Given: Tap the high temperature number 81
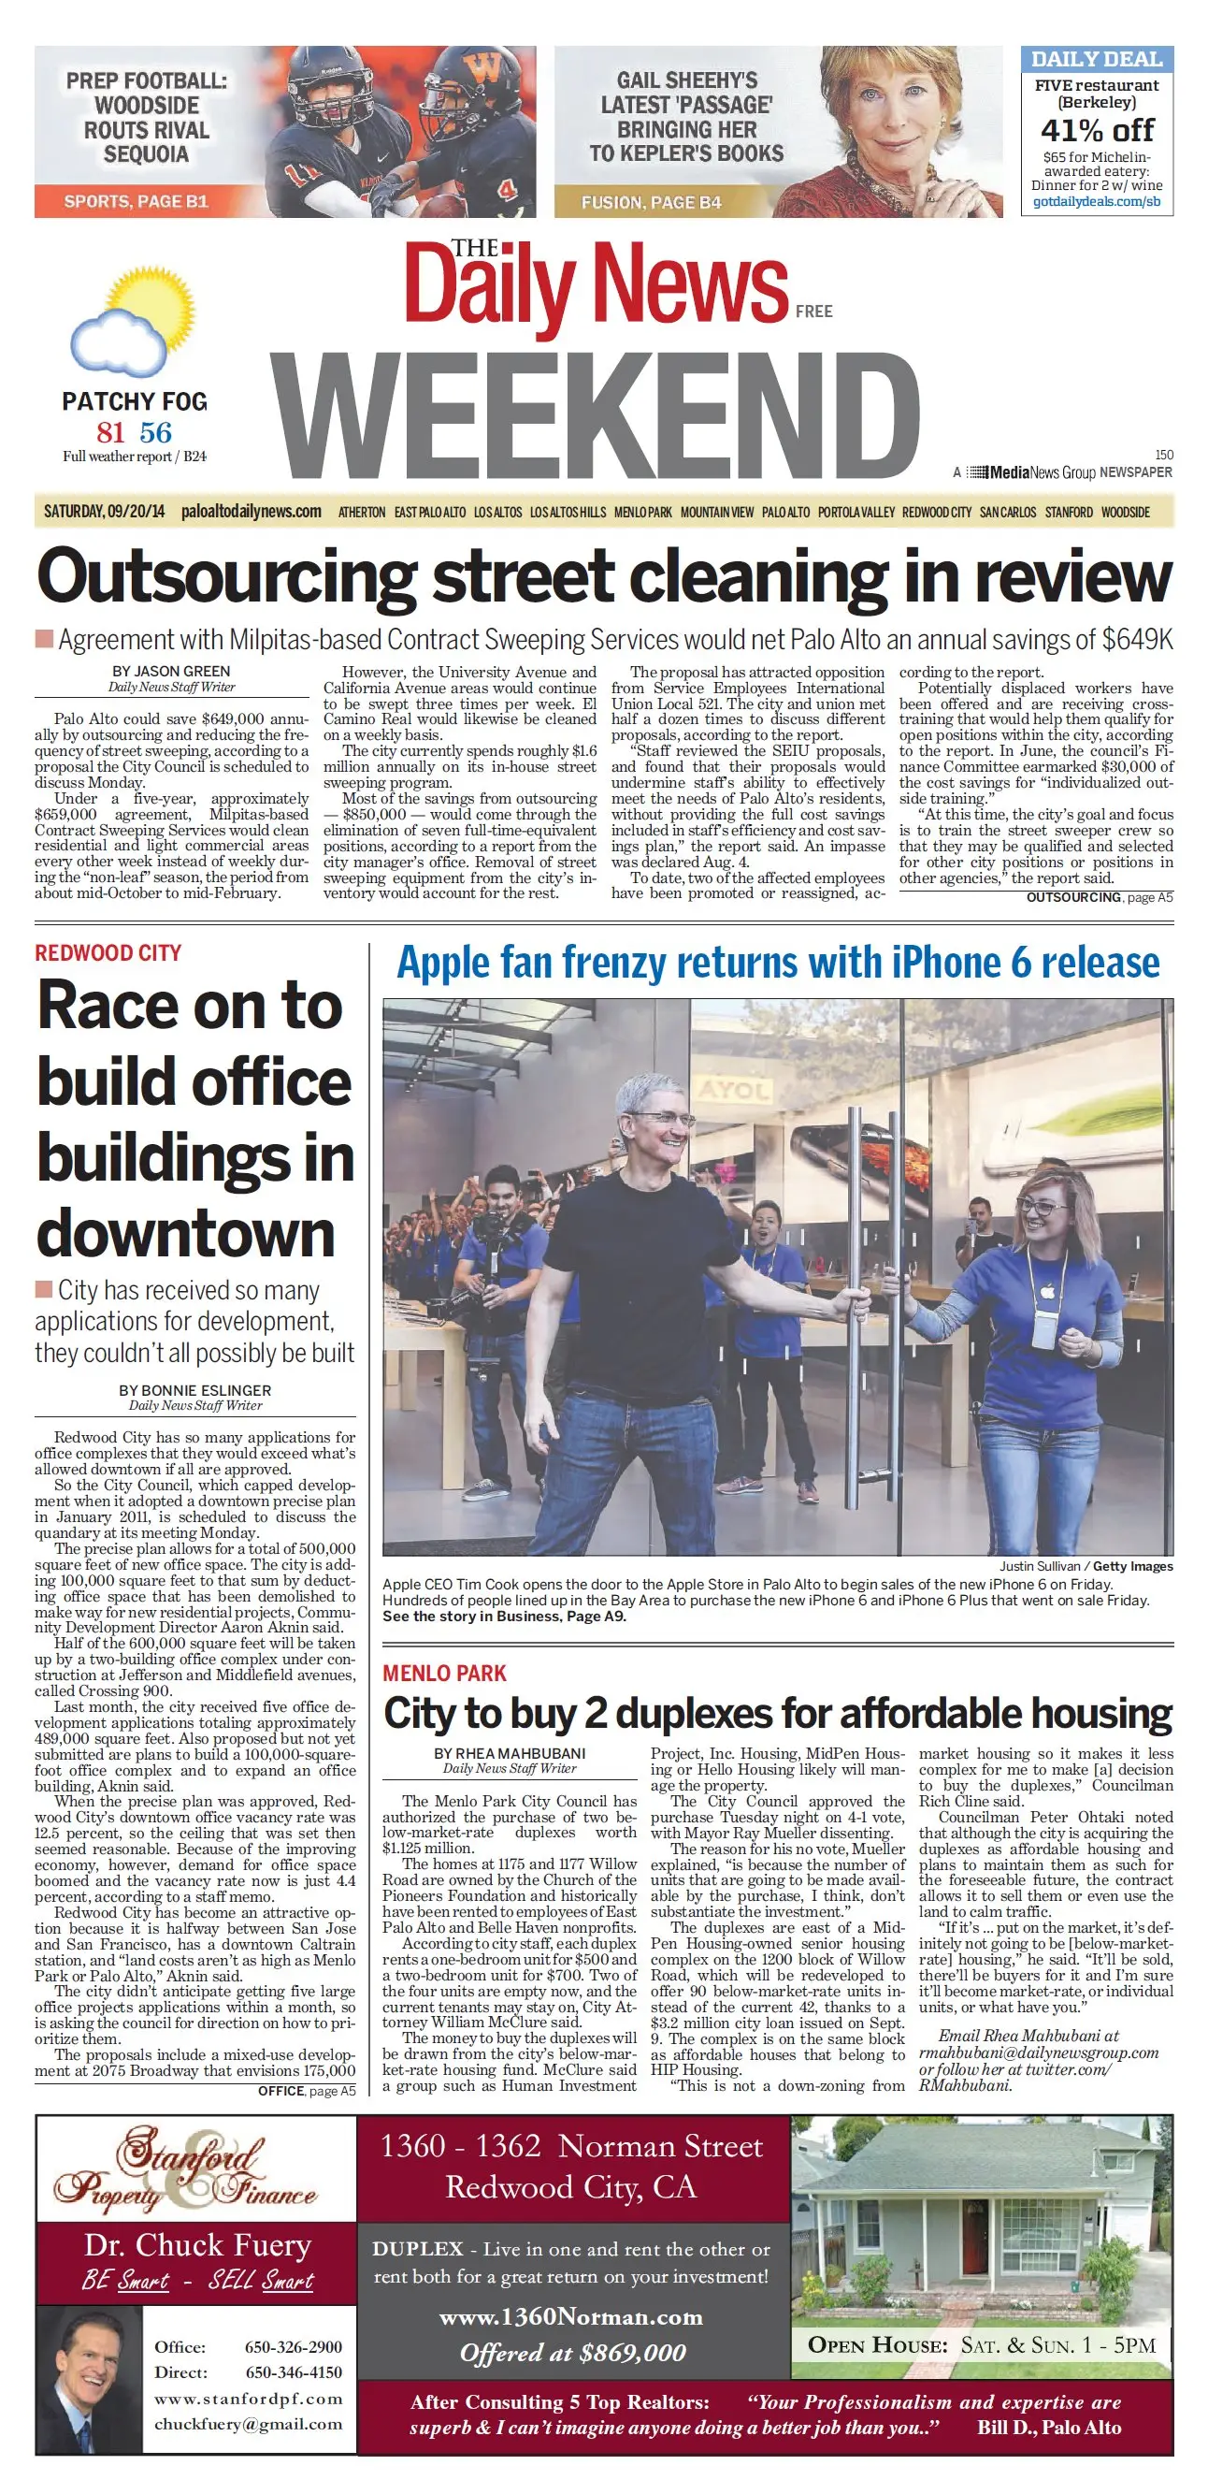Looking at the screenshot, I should pyautogui.click(x=110, y=432).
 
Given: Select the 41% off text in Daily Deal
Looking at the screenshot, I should pyautogui.click(x=1097, y=130).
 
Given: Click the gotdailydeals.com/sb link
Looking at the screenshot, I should pyautogui.click(x=1097, y=202).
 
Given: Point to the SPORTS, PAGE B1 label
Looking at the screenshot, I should pyautogui.click(x=136, y=201).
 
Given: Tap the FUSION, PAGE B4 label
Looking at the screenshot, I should pyautogui.click(x=651, y=202).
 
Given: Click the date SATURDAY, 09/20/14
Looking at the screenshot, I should pyautogui.click(x=104, y=511).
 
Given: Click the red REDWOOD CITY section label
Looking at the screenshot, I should pyautogui.click(x=108, y=953).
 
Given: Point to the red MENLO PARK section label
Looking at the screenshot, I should pyautogui.click(x=445, y=1674).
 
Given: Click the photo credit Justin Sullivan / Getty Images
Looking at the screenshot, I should pyautogui.click(x=1086, y=1566).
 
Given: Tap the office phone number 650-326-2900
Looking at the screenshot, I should pyautogui.click(x=294, y=2347).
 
